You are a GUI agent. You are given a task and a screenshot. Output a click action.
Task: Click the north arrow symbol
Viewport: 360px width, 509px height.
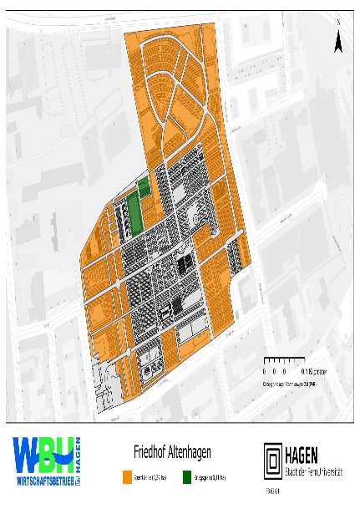point(337,38)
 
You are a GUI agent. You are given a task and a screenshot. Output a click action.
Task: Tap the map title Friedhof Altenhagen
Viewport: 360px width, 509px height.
point(172,452)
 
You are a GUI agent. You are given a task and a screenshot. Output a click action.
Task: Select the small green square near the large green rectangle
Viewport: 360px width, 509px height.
point(143,186)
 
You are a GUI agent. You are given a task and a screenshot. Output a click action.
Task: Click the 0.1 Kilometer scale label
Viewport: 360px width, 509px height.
point(307,369)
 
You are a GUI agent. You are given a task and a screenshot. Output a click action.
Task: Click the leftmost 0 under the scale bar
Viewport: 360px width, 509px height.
point(263,369)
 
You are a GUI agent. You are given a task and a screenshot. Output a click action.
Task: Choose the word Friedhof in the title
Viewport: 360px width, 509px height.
point(148,452)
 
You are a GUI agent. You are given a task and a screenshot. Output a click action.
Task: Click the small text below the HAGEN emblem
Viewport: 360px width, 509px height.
point(272,491)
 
